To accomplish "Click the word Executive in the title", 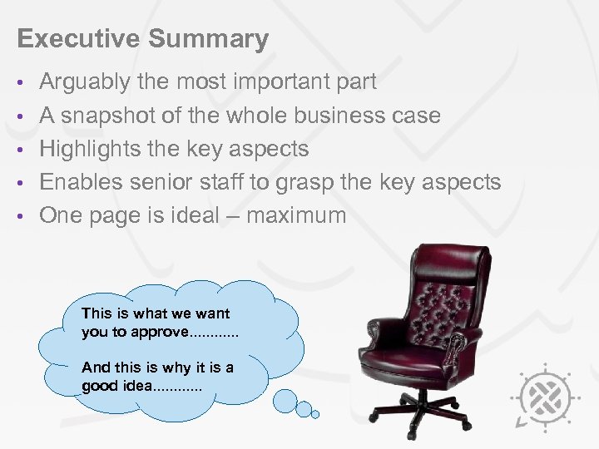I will (67, 39).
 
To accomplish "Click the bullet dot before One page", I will (22, 216).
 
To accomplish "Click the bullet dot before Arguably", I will (22, 83).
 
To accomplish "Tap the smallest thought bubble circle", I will (316, 413).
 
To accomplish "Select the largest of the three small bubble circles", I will (285, 402).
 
